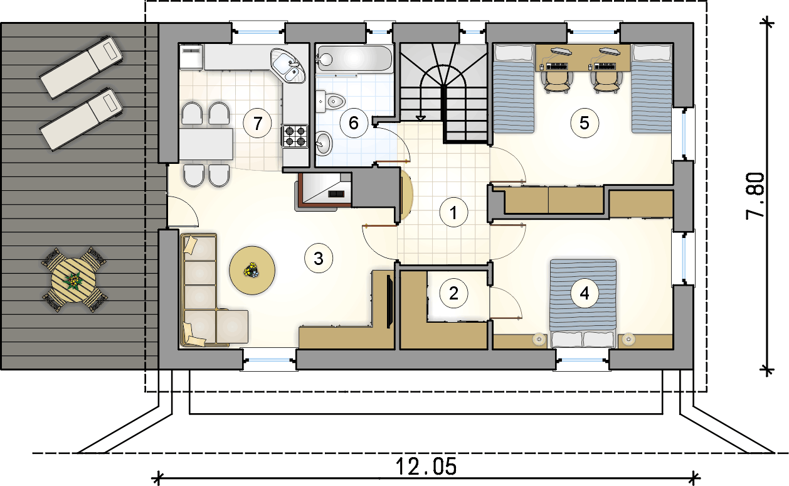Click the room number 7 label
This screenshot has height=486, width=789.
258,124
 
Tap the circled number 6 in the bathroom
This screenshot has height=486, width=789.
354,123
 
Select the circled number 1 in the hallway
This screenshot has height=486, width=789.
453,213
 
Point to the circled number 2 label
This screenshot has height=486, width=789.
453,293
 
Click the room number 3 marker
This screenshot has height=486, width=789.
319,259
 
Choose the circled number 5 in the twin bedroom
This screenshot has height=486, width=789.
585,123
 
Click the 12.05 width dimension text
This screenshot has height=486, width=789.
426,467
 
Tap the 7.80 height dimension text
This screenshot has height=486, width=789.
756,197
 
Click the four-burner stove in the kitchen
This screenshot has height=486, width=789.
295,136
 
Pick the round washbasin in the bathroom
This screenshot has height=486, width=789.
324,143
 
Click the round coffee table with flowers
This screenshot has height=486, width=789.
252,271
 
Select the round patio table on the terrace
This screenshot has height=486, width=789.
74,280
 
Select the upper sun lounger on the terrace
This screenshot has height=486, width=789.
82,67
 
